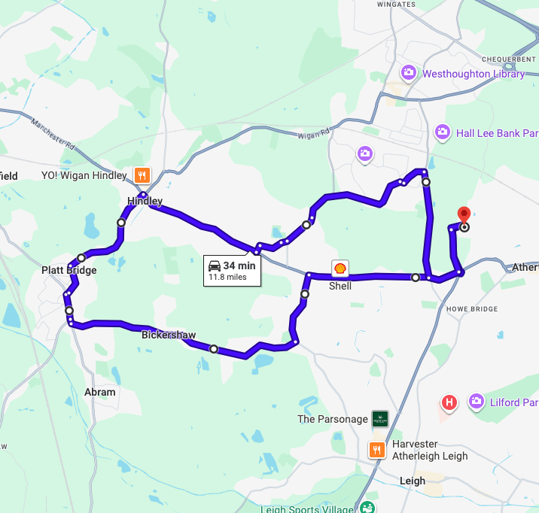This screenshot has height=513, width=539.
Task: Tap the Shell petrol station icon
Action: [340, 269]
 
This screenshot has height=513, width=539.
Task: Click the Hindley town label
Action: [145, 201]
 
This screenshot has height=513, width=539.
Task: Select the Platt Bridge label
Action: [69, 270]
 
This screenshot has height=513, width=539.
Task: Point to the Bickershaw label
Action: [169, 335]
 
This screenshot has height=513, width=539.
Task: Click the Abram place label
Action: [100, 392]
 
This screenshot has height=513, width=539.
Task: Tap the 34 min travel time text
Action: [239, 266]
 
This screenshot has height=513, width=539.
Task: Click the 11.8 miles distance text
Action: [227, 278]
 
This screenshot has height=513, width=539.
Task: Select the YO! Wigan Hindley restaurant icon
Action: [141, 176]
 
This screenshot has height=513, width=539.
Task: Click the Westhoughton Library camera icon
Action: [409, 73]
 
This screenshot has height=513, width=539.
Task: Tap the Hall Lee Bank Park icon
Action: [443, 132]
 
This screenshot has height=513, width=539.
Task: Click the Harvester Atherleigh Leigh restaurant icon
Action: [376, 449]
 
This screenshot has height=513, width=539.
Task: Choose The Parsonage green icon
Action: [380, 419]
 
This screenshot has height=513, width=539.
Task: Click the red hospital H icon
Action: [449, 402]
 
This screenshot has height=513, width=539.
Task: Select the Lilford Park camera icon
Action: [476, 402]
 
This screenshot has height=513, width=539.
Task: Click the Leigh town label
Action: [412, 481]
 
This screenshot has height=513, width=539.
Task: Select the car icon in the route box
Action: [215, 266]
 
